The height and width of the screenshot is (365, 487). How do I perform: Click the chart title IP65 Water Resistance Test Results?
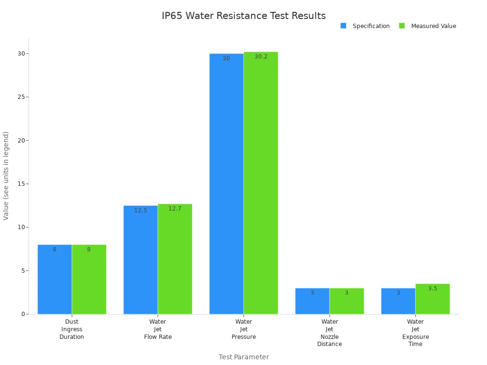click(243, 16)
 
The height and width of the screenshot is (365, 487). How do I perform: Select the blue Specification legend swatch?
click(343, 26)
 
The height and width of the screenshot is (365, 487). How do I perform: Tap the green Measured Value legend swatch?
click(402, 26)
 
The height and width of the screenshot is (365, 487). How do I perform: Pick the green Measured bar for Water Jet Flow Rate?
click(175, 259)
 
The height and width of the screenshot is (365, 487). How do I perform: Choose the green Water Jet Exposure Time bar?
click(432, 299)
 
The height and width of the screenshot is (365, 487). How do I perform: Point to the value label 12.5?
click(140, 211)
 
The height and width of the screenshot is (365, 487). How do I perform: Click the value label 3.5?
click(432, 288)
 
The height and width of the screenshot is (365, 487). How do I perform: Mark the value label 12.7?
click(175, 209)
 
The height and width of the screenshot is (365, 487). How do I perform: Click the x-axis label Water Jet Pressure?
click(243, 329)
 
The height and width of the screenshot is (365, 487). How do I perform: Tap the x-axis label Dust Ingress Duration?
click(72, 329)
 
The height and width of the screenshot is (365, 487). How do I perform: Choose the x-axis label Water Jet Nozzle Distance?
click(330, 333)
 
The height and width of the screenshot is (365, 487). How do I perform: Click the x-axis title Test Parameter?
click(243, 357)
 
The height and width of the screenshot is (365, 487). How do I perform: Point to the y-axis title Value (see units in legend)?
click(6, 176)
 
